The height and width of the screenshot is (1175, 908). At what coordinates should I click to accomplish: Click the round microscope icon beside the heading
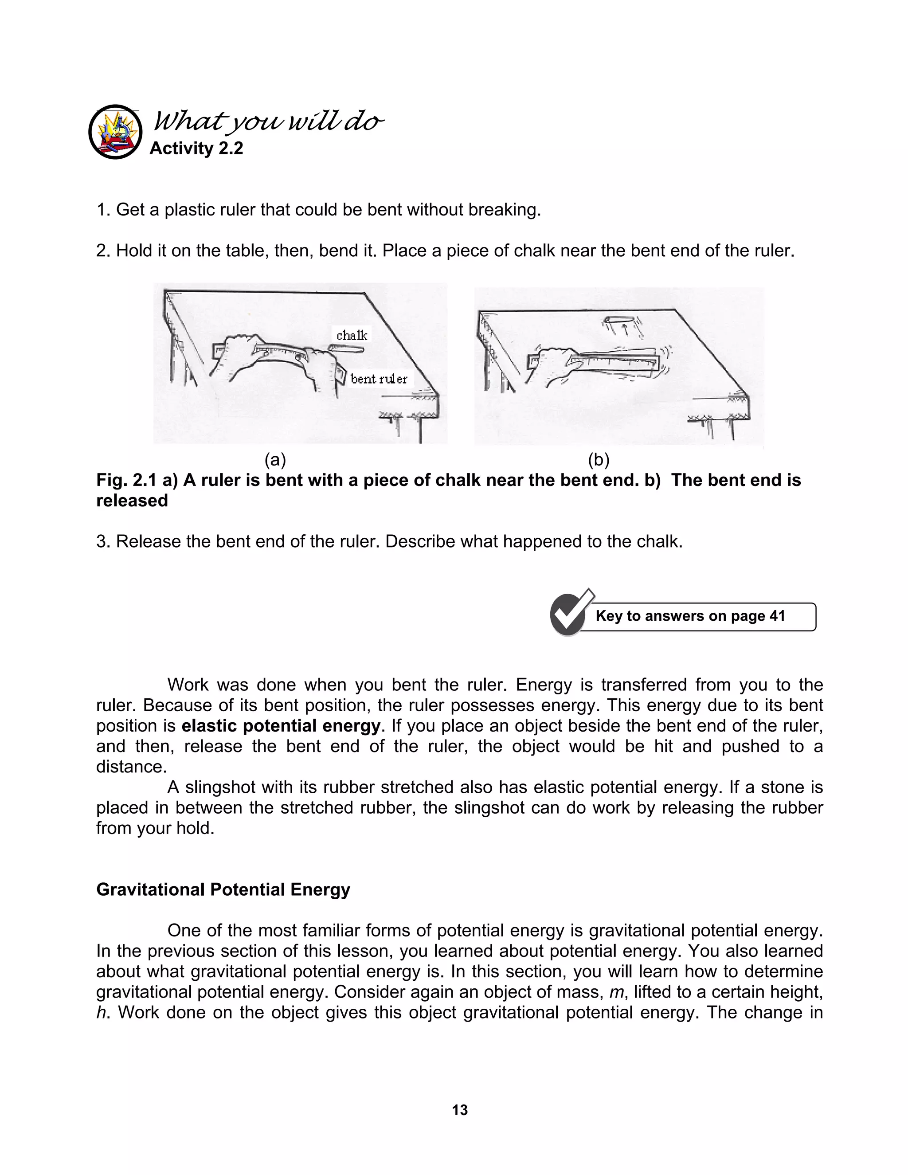(115, 132)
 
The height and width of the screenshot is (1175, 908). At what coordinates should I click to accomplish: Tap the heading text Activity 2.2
(196, 148)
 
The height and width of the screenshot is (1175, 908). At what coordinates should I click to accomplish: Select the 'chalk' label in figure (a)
(352, 335)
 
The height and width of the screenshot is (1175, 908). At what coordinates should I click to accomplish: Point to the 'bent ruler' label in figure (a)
(379, 379)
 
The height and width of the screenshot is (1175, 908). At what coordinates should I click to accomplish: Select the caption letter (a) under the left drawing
(275, 460)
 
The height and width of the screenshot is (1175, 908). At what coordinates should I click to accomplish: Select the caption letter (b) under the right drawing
(598, 460)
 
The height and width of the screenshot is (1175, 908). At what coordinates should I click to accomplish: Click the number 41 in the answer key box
(777, 616)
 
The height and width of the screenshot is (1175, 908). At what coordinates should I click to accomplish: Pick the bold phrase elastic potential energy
(281, 726)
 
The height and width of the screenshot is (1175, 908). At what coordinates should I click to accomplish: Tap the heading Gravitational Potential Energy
(223, 889)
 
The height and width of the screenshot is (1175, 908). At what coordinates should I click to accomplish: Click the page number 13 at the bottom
(460, 1110)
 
